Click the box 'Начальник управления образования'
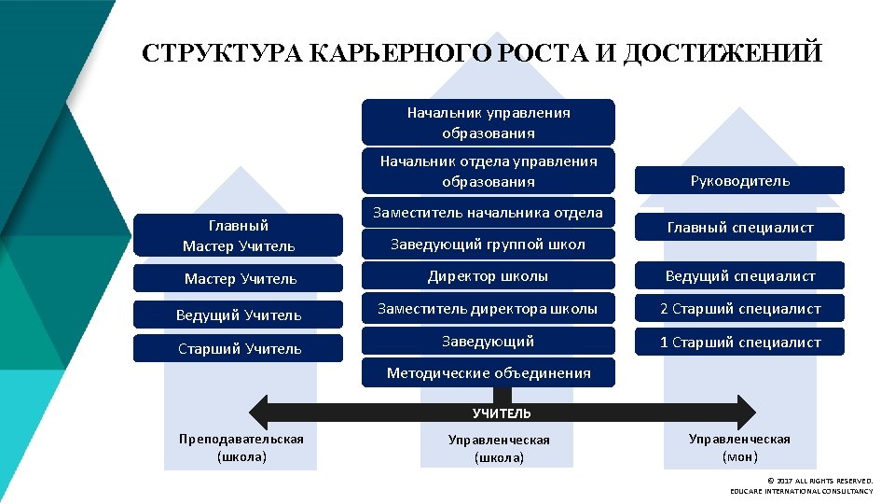click(x=488, y=122)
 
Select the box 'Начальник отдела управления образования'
click(x=488, y=171)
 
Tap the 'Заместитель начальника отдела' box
click(x=488, y=212)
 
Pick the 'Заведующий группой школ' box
click(x=488, y=245)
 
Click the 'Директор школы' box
click(x=488, y=276)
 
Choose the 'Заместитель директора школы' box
click(x=488, y=308)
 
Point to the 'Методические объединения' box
click(x=488, y=372)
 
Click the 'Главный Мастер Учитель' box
click(x=238, y=235)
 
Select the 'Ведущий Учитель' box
click(x=238, y=315)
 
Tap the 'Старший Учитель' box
click(x=238, y=348)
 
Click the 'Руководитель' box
click(x=739, y=180)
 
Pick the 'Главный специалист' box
click(x=739, y=227)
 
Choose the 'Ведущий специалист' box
click(x=739, y=276)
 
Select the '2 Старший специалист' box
click(x=739, y=308)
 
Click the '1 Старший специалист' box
click(x=739, y=342)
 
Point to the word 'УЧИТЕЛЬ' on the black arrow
click(x=502, y=413)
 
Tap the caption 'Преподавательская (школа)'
click(x=241, y=448)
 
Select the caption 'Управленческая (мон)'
click(x=739, y=448)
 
